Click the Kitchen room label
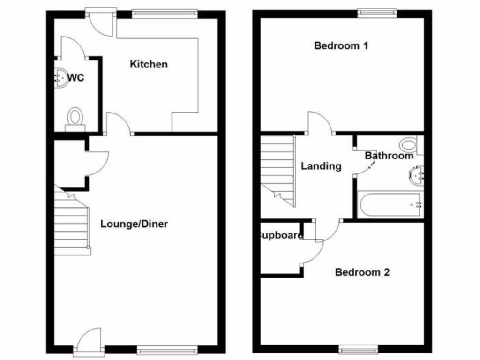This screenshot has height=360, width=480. tap(149, 64)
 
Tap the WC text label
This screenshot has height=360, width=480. tap(76, 78)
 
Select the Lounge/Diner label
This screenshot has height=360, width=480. tap(134, 224)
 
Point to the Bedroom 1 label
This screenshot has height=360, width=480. tap(341, 46)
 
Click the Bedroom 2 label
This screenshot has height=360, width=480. tap(362, 272)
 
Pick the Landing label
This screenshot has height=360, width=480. tap(321, 166)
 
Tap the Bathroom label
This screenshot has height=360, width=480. tap(389, 156)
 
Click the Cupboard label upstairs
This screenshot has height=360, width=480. tap(281, 235)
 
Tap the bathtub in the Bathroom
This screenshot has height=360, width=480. tap(390, 204)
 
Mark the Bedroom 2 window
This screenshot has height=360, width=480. tap(358, 349)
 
